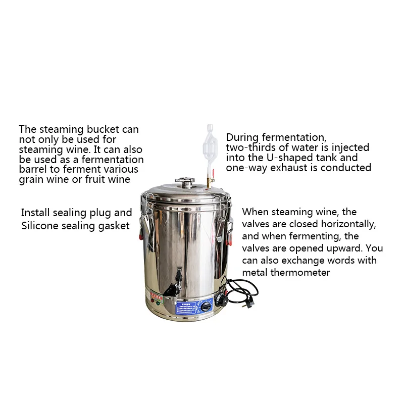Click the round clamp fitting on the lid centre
185,181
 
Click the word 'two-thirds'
250,147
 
